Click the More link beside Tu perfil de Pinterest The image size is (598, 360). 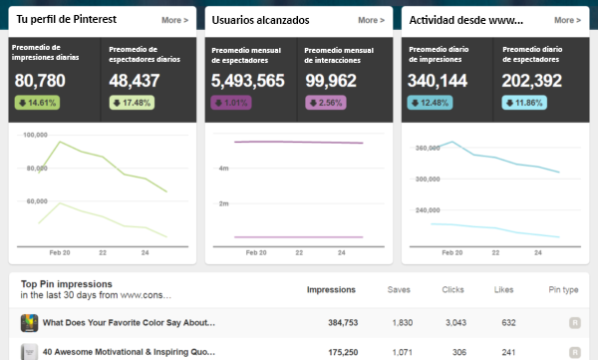tap(175, 19)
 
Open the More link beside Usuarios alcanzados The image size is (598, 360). tap(372, 19)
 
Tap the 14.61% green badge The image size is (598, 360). tap(37, 103)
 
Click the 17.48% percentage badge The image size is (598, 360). tap(134, 103)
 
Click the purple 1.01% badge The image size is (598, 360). tap(231, 103)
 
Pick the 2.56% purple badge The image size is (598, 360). tap(328, 103)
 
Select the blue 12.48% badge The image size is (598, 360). tap(431, 103)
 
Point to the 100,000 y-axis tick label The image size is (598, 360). tap(36, 134)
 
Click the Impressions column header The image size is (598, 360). tap(331, 289)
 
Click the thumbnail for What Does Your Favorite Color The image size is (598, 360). tap(30, 323)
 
